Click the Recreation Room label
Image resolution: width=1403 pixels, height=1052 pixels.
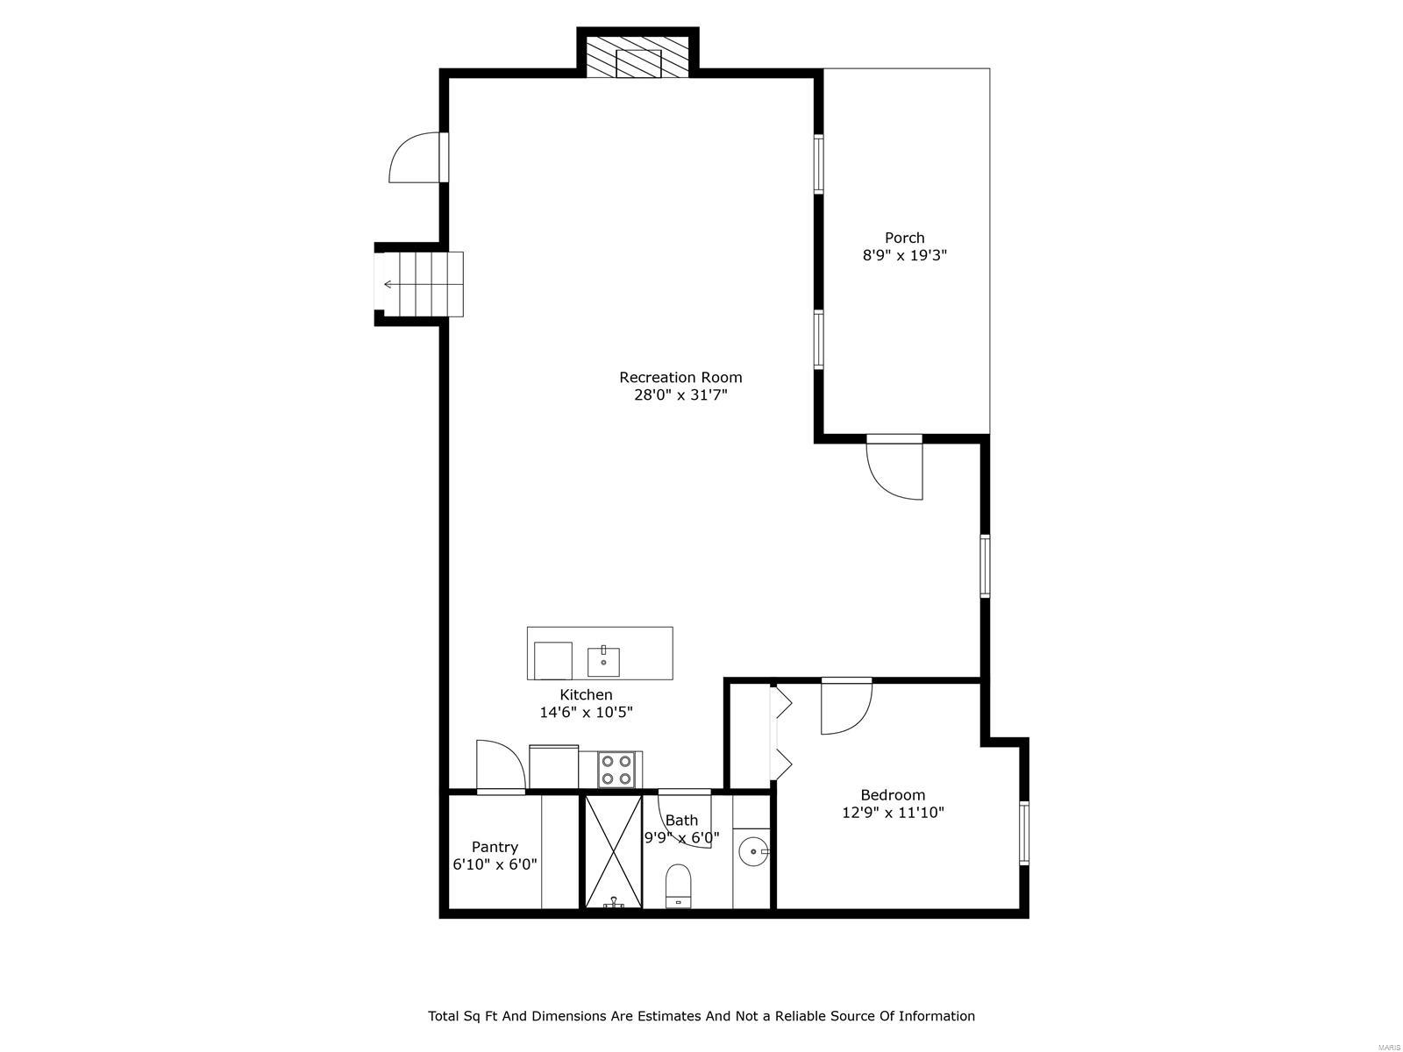point(680,377)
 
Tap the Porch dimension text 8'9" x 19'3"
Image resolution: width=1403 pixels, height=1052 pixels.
point(904,256)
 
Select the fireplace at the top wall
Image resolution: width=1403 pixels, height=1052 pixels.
point(637,58)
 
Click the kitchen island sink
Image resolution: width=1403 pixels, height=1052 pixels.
point(603,662)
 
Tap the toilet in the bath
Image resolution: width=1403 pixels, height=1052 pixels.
point(679,886)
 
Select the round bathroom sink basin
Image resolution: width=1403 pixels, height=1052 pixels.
point(752,851)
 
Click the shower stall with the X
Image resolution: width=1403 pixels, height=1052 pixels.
point(613,851)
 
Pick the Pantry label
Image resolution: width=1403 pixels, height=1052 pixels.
point(495,847)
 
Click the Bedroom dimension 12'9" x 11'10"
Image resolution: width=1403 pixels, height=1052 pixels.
point(893,813)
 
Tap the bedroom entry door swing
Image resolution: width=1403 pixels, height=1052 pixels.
point(844,706)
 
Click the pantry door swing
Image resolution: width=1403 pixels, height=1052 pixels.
point(499,765)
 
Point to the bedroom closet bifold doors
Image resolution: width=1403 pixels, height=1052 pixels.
point(780,732)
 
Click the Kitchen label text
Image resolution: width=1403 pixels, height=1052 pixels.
point(586,695)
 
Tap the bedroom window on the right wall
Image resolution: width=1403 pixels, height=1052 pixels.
point(1023,833)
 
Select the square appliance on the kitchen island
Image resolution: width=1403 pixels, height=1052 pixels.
point(552,660)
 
